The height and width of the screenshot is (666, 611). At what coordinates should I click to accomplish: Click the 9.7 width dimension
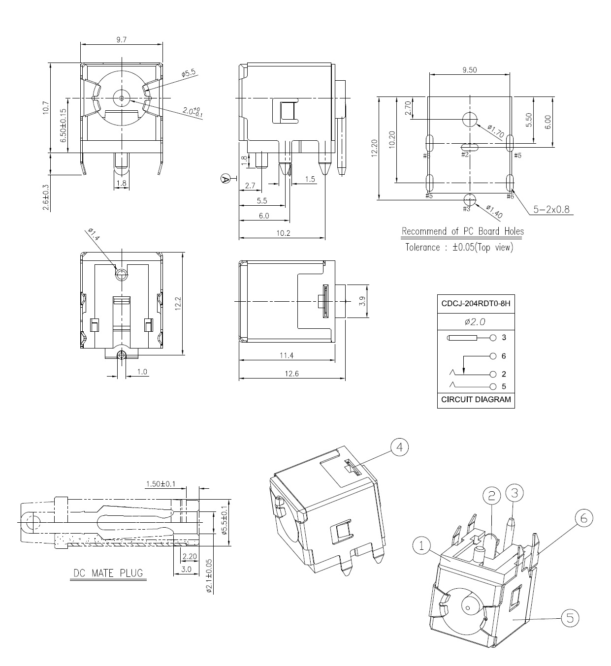[121, 40]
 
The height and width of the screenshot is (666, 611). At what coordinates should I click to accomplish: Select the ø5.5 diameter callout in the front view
[189, 73]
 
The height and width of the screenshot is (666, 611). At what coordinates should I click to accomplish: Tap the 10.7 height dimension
[46, 108]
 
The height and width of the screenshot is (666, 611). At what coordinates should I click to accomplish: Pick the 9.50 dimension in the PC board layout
[469, 70]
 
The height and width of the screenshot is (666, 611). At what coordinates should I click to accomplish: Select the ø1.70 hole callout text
[495, 131]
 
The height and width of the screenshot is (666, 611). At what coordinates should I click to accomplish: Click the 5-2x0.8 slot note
[551, 209]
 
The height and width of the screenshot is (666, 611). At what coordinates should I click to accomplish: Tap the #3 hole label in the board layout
[466, 209]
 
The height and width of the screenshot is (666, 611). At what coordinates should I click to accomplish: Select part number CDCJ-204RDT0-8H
[476, 304]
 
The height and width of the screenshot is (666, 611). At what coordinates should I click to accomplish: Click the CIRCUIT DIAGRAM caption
[476, 400]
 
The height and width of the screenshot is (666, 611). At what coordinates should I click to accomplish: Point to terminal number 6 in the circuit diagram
[504, 356]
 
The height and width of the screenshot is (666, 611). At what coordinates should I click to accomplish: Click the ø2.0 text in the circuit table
[476, 321]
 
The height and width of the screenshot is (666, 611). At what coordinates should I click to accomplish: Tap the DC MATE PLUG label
[108, 573]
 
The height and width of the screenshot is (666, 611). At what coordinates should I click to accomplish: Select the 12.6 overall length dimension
[291, 374]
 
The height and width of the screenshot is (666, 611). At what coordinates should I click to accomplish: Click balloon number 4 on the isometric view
[399, 447]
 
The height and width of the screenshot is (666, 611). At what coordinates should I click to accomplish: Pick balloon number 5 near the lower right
[570, 618]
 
